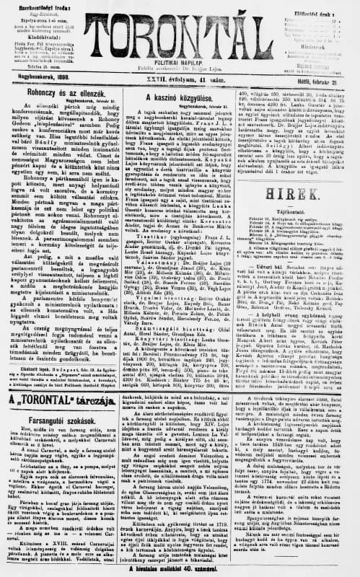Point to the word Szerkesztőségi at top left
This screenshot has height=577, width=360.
(29, 6)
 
